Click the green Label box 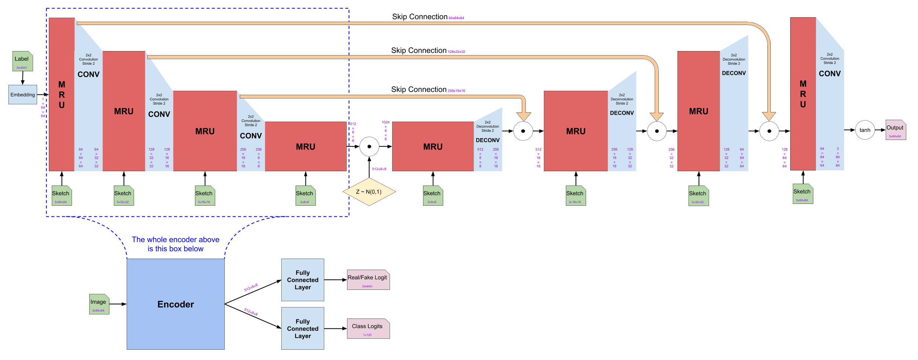click(22, 61)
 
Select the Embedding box click(23, 95)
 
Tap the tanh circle click(865, 130)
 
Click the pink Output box click(896, 130)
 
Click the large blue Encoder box click(176, 304)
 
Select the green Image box click(99, 304)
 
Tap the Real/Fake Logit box click(368, 280)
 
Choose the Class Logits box click(368, 328)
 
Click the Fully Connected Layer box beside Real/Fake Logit click(303, 280)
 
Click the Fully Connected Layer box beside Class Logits click(303, 328)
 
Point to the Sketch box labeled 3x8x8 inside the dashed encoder click(305, 196)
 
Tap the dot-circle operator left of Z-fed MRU click(369, 147)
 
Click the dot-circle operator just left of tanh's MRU click(769, 131)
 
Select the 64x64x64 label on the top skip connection click(456, 18)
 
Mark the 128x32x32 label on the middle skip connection click(456, 52)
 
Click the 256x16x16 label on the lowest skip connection click(456, 91)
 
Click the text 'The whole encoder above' click(176, 240)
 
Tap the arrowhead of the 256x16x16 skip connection click(523, 116)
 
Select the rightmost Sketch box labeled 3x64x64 click(803, 194)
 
